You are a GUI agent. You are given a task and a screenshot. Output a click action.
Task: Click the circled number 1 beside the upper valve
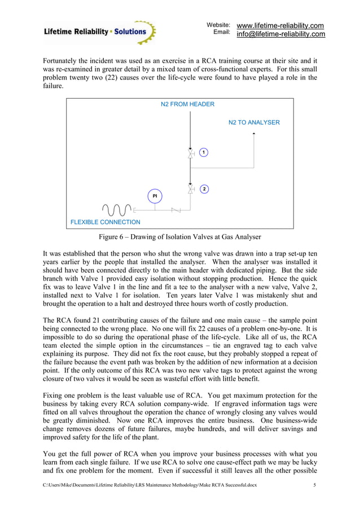204,152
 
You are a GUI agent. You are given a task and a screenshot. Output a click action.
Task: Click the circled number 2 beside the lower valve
204,189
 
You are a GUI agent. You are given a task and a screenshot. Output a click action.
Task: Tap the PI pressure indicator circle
155,196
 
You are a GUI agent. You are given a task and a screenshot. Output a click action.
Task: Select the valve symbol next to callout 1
191,153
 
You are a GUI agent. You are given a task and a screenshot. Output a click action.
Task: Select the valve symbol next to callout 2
191,189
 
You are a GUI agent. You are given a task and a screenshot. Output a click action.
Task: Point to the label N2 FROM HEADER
188,104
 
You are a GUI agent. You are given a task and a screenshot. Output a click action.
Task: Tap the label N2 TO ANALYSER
254,122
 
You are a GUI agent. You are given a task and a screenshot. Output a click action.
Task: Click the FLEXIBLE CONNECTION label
105,222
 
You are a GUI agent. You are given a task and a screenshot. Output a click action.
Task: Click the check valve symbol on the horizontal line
175,210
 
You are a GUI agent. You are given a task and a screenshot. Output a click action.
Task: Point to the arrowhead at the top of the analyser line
254,134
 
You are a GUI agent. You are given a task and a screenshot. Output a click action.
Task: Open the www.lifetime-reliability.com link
280,26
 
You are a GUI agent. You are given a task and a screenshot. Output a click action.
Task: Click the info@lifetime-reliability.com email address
280,34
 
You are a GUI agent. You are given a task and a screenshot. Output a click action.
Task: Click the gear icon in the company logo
144,33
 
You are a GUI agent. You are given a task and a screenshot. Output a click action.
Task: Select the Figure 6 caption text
180,236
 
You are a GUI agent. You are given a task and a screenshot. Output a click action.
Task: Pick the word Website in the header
218,25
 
